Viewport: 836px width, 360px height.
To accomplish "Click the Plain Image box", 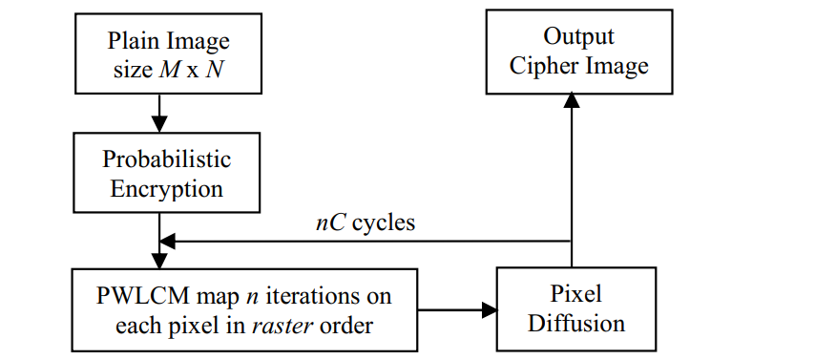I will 169,53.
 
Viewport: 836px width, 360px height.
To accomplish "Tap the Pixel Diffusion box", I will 575,307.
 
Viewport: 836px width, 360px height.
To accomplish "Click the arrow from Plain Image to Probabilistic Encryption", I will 159,113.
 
